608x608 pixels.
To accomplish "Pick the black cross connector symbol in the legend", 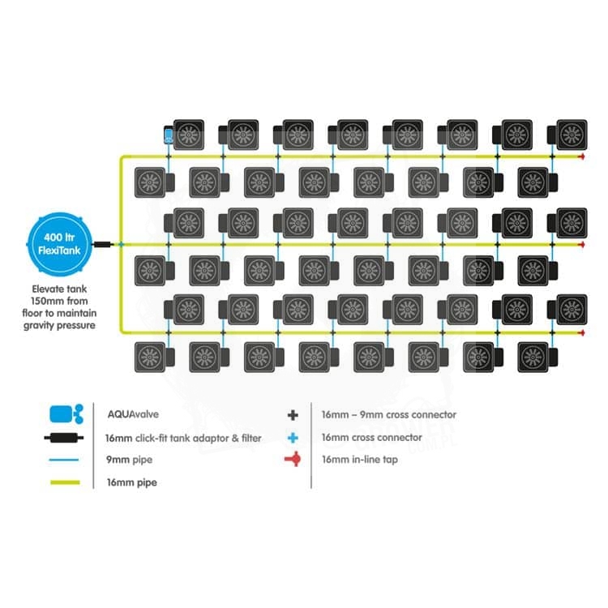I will tap(293, 414).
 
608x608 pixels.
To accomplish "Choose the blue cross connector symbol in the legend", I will tap(293, 437).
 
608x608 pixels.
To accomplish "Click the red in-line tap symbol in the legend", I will tap(293, 460).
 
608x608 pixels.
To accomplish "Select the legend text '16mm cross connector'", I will tap(372, 437).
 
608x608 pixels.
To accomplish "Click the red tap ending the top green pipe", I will tap(581, 156).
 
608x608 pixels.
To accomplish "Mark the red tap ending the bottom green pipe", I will tap(581, 332).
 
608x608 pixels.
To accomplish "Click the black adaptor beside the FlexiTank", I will tap(103, 243).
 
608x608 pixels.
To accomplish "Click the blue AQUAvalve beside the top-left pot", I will tap(169, 135).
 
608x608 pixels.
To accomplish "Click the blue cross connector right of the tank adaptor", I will tap(119, 243).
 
